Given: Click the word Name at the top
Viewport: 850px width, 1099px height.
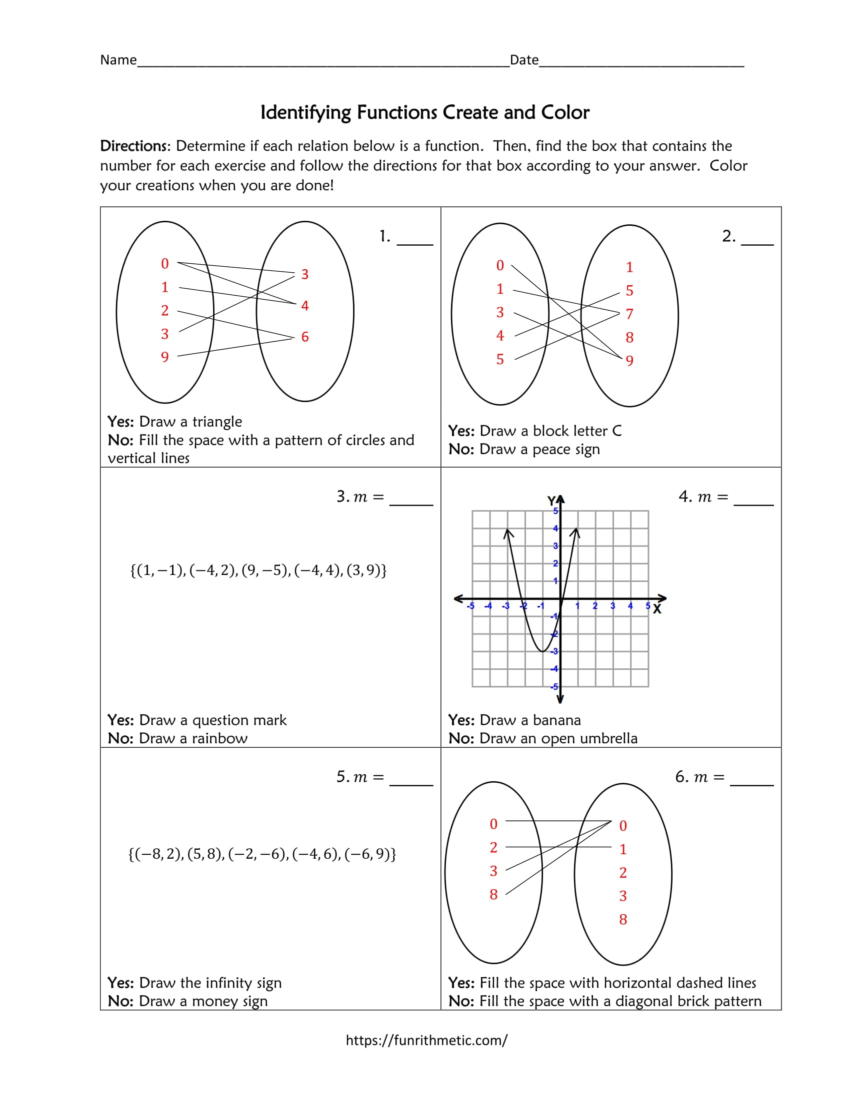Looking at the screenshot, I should click(x=118, y=60).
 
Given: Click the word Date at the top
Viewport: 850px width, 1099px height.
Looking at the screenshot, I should click(x=523, y=60).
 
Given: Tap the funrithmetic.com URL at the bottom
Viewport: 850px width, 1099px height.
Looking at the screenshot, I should click(x=426, y=1040).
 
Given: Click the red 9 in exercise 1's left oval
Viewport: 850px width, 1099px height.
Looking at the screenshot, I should click(x=164, y=357).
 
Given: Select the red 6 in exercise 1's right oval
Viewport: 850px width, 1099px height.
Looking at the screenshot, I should click(x=304, y=337).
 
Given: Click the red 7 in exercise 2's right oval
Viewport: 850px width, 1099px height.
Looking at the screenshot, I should click(x=629, y=314).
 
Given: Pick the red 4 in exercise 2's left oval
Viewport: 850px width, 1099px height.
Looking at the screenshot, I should click(x=499, y=336).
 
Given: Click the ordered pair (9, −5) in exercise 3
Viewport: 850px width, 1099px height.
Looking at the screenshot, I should click(x=266, y=570).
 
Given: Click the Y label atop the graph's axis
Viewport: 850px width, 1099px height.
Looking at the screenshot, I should click(x=551, y=501).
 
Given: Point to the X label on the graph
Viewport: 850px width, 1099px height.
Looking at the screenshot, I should click(x=656, y=609).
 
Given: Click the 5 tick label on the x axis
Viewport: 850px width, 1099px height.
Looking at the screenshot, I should click(x=647, y=606).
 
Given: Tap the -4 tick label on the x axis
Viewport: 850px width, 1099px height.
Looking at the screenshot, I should click(x=487, y=606).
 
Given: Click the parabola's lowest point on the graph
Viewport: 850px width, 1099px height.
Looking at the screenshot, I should click(x=542, y=651).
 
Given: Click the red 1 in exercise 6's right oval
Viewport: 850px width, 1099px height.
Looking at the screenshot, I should click(x=623, y=849).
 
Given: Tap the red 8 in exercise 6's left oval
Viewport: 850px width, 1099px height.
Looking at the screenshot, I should click(x=493, y=895).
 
